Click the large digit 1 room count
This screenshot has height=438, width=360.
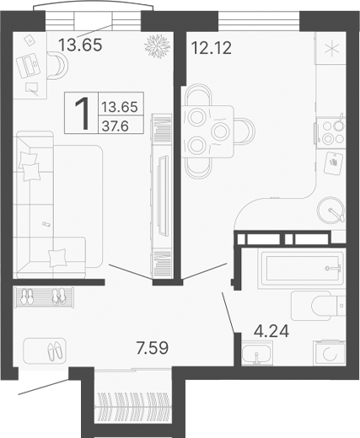pos(83,114)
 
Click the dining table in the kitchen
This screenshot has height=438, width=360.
pos(208,129)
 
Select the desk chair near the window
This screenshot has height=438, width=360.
pos(58,65)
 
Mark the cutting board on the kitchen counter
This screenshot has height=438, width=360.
pos(335,159)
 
